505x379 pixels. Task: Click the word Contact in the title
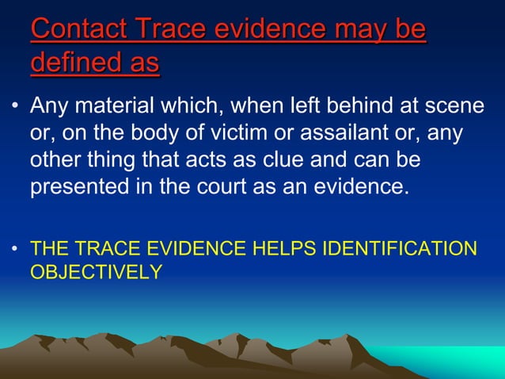click(x=79, y=29)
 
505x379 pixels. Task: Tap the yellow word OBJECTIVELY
click(x=96, y=272)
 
